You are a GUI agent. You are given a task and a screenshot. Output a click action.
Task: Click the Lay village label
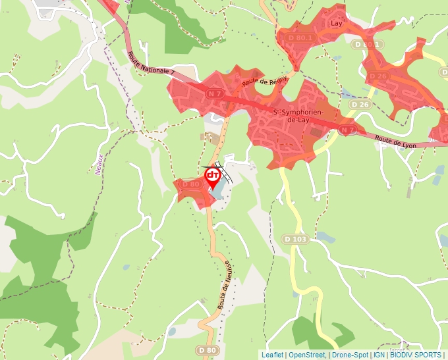coord(337,23)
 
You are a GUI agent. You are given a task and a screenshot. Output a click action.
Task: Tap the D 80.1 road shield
coord(300,38)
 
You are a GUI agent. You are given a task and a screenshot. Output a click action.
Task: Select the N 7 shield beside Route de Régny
coord(213,95)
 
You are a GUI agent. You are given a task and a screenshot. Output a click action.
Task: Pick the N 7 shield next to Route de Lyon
coord(347,131)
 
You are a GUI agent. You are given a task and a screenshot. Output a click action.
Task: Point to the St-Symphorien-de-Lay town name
coord(298,116)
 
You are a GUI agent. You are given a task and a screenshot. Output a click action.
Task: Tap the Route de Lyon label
coord(397,141)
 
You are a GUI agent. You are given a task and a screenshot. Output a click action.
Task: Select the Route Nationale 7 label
coord(152,64)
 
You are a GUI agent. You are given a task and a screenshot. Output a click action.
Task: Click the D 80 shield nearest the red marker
coord(190,184)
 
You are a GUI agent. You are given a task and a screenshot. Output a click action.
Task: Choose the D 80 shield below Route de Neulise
coord(207,350)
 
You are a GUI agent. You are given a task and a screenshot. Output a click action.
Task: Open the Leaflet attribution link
coord(272,355)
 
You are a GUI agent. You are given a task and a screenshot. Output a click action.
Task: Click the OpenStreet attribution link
coord(307,355)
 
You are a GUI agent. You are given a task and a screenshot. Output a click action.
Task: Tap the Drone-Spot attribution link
coord(350,355)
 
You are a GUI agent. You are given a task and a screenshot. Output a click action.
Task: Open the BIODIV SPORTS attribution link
coord(416,355)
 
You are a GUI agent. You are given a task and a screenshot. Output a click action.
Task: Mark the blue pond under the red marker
coord(217,192)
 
